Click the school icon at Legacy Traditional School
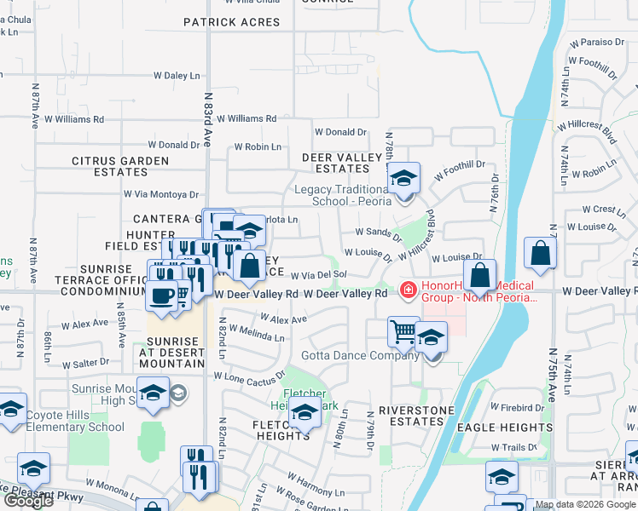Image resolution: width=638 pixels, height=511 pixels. click(x=404, y=178)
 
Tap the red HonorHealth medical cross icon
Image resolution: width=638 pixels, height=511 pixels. click(x=408, y=290)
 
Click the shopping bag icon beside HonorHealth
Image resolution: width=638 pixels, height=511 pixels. click(x=480, y=276)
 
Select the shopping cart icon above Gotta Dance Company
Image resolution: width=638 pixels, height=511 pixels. click(x=403, y=330)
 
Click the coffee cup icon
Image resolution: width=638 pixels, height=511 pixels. click(x=159, y=296)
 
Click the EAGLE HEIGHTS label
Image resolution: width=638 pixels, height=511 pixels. click(x=504, y=428)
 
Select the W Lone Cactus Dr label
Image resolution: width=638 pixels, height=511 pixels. click(x=249, y=376)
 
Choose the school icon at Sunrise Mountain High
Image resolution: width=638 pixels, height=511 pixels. click(x=154, y=393)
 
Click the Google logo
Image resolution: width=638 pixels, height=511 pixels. click(x=28, y=500)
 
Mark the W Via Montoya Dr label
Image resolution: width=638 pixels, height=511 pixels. click(x=161, y=194)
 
